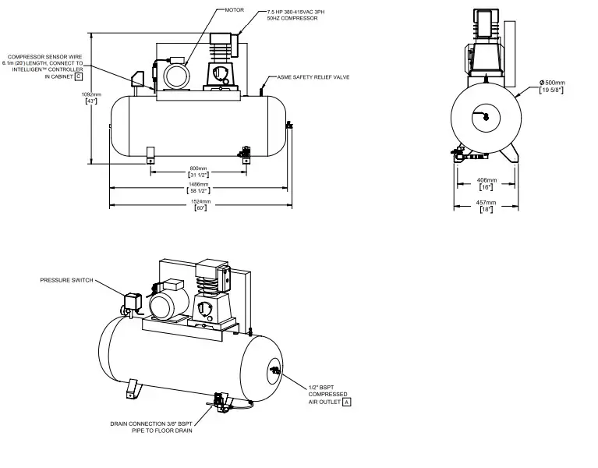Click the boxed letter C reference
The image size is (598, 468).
(x=78, y=77)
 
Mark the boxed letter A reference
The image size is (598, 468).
(x=347, y=402)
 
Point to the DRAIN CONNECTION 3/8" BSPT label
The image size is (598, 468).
(x=151, y=427)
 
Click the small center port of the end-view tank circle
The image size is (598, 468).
(x=485, y=117)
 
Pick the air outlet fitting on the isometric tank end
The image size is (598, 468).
(x=274, y=370)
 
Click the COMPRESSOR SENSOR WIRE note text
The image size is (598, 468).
(x=44, y=67)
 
